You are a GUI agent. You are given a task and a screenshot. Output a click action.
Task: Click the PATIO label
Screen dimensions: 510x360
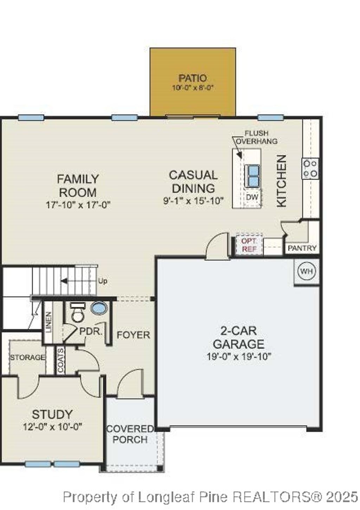[x=192, y=78]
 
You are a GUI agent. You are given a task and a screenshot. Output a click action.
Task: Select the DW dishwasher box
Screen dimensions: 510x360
[x=252, y=197]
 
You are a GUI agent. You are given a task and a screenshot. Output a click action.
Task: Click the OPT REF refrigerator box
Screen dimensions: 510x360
[x=249, y=245]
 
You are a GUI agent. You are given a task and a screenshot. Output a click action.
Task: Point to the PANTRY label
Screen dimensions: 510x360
[x=302, y=248]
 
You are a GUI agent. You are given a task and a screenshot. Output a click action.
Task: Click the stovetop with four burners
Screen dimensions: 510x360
[x=310, y=169]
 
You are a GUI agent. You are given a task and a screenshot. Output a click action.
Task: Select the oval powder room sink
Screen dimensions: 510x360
[x=99, y=308]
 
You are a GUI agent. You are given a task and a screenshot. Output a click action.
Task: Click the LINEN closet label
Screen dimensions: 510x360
[x=49, y=322]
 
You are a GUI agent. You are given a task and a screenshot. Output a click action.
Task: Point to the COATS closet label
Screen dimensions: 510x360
[x=61, y=360]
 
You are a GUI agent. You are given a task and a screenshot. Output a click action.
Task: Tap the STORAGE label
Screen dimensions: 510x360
[x=27, y=357]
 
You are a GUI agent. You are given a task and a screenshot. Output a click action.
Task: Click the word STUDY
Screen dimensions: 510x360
[x=52, y=414]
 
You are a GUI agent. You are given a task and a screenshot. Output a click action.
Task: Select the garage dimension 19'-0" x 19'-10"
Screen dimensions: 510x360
[x=239, y=356]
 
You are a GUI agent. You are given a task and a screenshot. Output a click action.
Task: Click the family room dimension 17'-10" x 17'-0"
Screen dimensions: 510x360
[x=78, y=205]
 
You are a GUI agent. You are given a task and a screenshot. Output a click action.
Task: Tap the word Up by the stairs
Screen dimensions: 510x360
[x=103, y=281]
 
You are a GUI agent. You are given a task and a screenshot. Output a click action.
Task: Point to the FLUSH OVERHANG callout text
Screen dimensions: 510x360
[x=257, y=137]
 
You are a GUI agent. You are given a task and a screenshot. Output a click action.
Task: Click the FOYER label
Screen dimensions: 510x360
[x=133, y=335]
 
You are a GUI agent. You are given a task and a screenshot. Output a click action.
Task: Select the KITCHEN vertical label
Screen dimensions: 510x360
[x=282, y=181]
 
